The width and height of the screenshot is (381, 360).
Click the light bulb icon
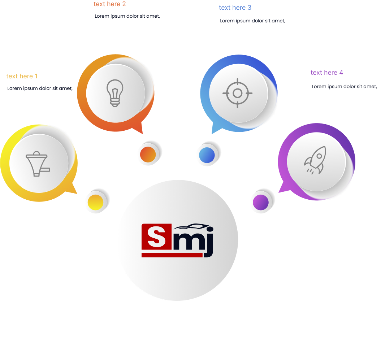point(115,93)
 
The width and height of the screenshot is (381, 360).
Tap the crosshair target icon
point(237,93)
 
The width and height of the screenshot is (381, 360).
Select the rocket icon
point(315,160)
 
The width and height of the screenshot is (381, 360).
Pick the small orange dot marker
point(148,154)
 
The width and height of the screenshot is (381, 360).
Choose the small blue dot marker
point(207,155)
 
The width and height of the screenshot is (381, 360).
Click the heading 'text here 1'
point(22,76)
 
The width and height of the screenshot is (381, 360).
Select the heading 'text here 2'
point(110,4)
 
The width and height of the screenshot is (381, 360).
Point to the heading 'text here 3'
point(235,8)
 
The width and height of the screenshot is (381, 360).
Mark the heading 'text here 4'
point(327,73)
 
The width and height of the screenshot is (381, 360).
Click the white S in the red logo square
point(156,237)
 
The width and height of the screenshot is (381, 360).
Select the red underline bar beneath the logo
point(172,255)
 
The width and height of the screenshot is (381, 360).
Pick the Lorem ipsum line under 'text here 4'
point(344,87)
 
